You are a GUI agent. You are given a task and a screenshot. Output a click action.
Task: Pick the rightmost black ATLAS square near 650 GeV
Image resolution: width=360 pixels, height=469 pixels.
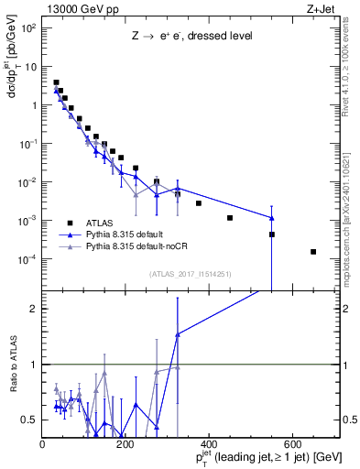[313, 252]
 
